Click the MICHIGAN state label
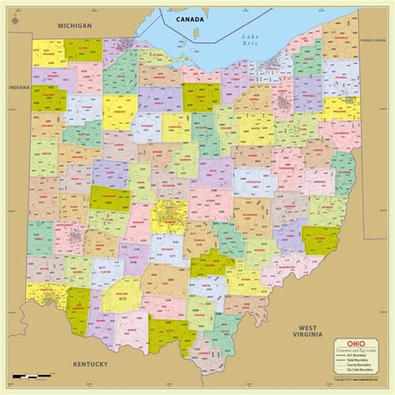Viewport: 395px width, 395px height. point(73,26)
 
